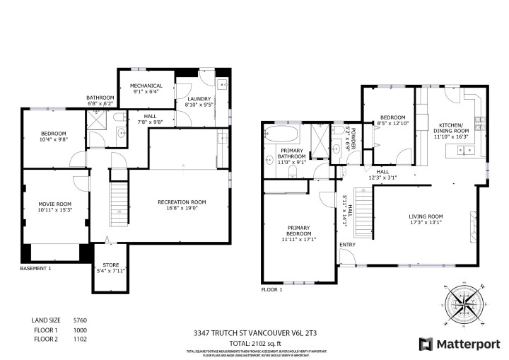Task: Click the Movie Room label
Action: (x=55, y=207)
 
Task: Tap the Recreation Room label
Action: (x=182, y=205)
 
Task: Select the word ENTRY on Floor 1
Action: (x=347, y=245)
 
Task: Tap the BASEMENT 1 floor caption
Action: (x=35, y=269)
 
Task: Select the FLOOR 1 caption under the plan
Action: (x=271, y=290)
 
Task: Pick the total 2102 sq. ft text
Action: (x=254, y=342)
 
